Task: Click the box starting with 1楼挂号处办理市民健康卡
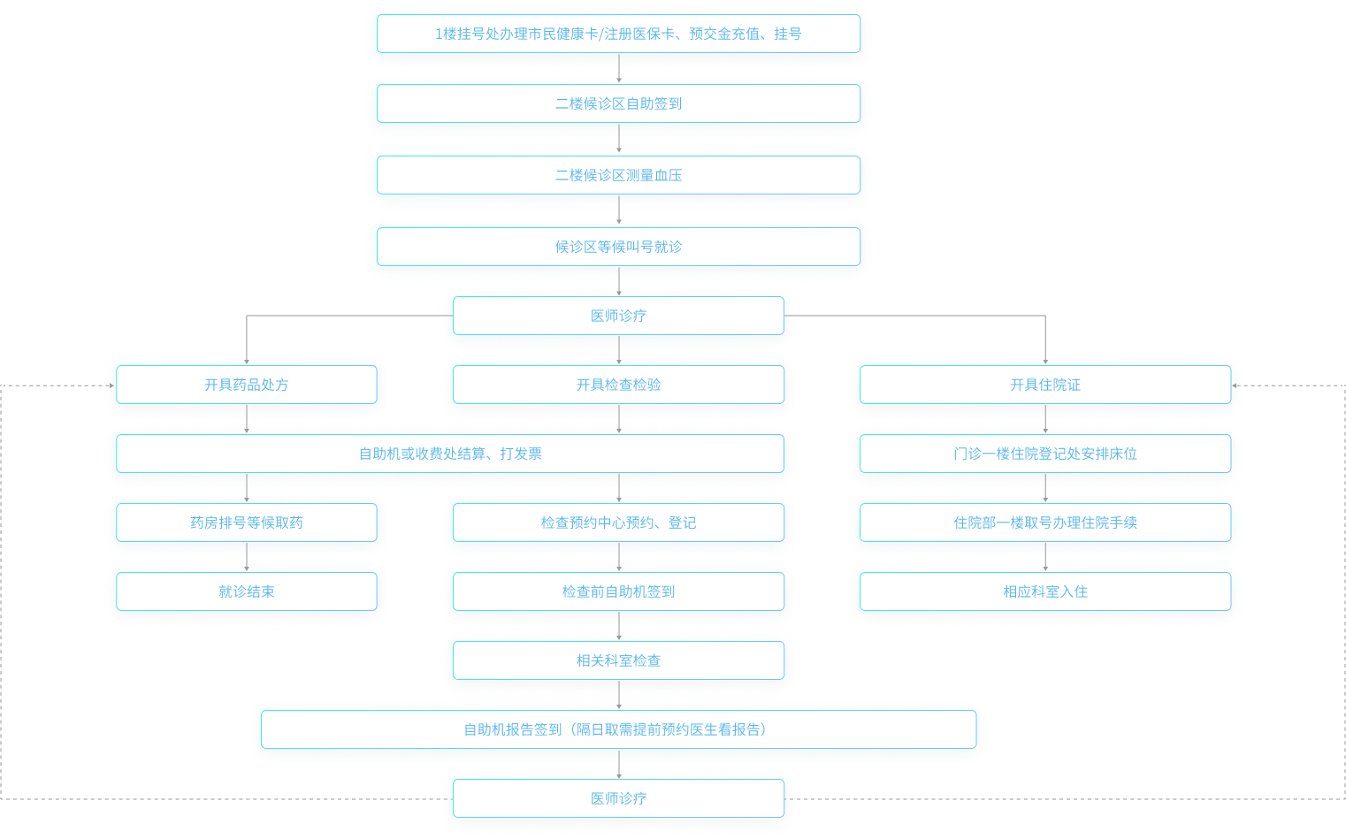pyautogui.click(x=618, y=34)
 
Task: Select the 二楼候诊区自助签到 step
pyautogui.click(x=618, y=103)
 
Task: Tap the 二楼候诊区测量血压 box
pyautogui.click(x=618, y=175)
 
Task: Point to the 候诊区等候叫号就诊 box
pyautogui.click(x=618, y=247)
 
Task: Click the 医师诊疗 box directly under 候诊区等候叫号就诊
pyautogui.click(x=618, y=316)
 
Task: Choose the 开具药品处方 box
pyautogui.click(x=246, y=385)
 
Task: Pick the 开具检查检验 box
pyautogui.click(x=618, y=385)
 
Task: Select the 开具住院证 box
pyautogui.click(x=1044, y=385)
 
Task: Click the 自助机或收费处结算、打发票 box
pyautogui.click(x=449, y=454)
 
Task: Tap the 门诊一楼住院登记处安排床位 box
pyautogui.click(x=1044, y=454)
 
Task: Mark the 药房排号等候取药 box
pyautogui.click(x=246, y=522)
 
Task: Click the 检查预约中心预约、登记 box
pyautogui.click(x=618, y=522)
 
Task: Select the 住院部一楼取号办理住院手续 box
pyautogui.click(x=1044, y=522)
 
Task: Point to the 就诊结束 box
pyautogui.click(x=246, y=591)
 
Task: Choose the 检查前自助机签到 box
pyautogui.click(x=618, y=591)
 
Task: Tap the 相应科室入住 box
pyautogui.click(x=1044, y=591)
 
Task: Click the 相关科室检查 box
pyautogui.click(x=618, y=660)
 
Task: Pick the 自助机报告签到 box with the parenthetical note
pyautogui.click(x=618, y=729)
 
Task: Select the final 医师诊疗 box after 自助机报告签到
pyautogui.click(x=618, y=798)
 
